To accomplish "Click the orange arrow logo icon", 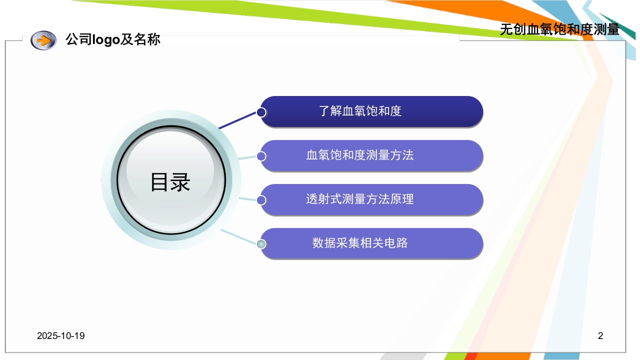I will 43,40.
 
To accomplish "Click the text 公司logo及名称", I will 113,39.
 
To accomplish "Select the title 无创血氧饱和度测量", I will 559,29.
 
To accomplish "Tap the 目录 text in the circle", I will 170,182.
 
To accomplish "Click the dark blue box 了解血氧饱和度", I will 371,111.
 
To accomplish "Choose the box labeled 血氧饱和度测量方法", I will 371,155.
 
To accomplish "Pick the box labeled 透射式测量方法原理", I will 371,199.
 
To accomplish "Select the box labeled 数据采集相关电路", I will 371,243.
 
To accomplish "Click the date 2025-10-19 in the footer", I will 60,335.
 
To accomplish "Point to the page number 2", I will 600,335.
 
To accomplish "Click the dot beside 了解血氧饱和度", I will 261,112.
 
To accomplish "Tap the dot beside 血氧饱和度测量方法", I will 261,156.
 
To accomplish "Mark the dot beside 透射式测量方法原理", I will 261,200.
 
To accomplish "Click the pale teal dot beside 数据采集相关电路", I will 261,244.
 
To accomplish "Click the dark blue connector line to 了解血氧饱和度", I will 238,120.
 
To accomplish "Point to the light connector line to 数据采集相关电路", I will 239,237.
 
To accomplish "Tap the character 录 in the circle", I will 180,182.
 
